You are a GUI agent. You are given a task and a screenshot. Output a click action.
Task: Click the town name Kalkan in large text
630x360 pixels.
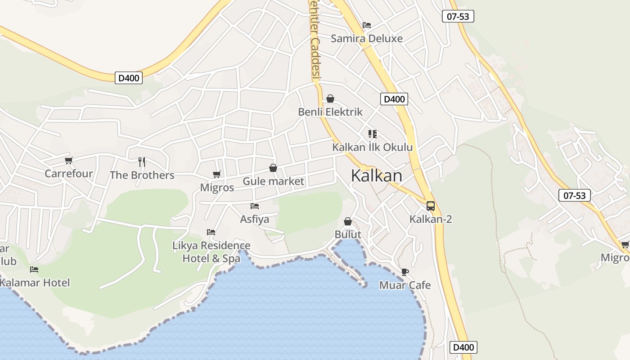(x=377, y=175)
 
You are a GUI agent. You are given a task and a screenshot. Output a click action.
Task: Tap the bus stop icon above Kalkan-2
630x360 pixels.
(x=431, y=206)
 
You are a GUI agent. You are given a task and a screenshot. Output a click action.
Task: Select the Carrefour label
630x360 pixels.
(x=69, y=173)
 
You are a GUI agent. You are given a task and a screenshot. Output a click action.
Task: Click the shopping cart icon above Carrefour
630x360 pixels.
(x=69, y=160)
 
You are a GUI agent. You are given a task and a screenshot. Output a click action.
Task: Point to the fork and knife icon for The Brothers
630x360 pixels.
(x=142, y=162)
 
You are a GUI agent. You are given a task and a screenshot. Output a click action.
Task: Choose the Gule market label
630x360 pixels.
(x=274, y=181)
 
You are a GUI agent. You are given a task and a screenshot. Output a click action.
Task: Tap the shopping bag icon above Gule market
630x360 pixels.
(x=273, y=168)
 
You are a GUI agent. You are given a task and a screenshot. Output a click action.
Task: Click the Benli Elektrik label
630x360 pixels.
(x=330, y=112)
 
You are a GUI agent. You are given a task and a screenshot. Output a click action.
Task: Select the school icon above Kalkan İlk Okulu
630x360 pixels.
(x=372, y=134)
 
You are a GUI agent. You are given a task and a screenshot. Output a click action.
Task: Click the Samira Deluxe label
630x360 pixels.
(x=367, y=38)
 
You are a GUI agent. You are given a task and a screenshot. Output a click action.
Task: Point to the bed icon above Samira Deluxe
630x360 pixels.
(x=367, y=25)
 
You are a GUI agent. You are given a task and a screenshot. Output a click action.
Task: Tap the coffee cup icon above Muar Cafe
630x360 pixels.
(x=405, y=272)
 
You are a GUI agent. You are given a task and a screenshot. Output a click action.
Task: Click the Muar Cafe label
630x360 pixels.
(x=405, y=285)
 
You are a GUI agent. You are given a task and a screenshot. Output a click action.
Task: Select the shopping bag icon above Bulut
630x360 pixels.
(x=348, y=221)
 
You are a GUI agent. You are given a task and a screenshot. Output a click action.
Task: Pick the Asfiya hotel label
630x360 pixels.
(x=255, y=219)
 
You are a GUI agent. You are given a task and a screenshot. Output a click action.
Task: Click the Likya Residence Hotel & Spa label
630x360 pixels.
(x=211, y=252)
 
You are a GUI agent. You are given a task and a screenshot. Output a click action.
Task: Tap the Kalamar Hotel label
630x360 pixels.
(x=35, y=283)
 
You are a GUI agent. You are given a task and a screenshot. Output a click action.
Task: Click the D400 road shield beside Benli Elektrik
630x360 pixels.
(x=394, y=99)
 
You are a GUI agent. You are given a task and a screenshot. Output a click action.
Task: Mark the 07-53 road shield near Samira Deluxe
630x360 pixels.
(x=458, y=17)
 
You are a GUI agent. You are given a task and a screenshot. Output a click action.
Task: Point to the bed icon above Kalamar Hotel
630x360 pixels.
(x=34, y=270)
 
